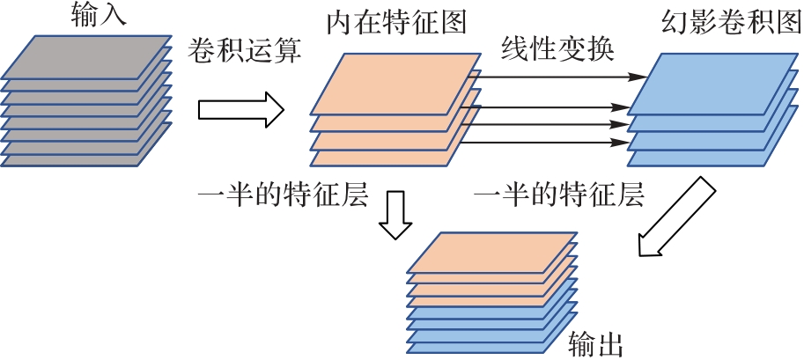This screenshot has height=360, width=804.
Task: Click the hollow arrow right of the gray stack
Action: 240,111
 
